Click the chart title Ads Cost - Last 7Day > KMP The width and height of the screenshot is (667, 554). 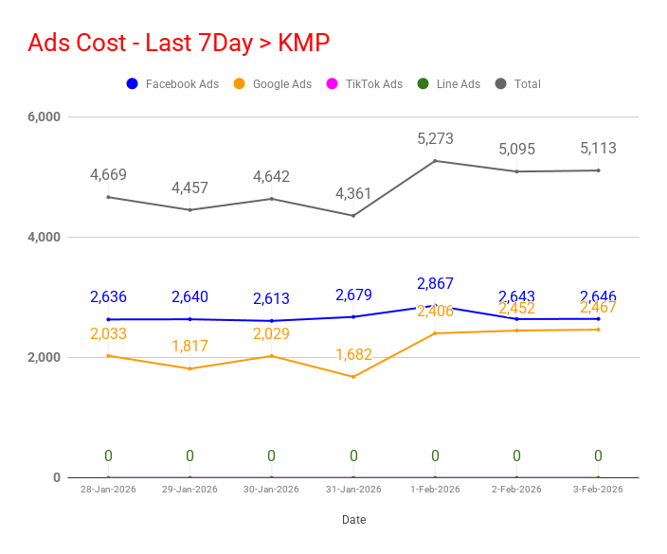pyautogui.click(x=179, y=43)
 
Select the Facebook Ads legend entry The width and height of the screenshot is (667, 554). pyautogui.click(x=172, y=84)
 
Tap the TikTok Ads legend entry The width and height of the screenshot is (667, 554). pyautogui.click(x=364, y=84)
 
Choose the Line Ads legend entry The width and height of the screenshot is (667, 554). pyautogui.click(x=448, y=84)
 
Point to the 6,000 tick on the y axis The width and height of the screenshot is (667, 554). pyautogui.click(x=44, y=116)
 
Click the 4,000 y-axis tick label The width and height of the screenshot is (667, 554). pyautogui.click(x=44, y=237)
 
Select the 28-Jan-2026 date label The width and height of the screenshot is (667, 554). pyautogui.click(x=108, y=490)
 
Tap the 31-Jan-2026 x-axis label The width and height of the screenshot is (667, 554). pyautogui.click(x=353, y=490)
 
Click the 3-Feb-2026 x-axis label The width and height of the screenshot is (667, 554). pyautogui.click(x=598, y=490)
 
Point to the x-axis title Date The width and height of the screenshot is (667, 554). pyautogui.click(x=353, y=520)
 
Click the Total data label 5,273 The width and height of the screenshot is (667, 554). pyautogui.click(x=435, y=139)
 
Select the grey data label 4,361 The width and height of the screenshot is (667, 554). pyautogui.click(x=353, y=194)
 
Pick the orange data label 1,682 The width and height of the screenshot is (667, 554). pyautogui.click(x=353, y=355)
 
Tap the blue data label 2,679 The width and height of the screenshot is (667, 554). pyautogui.click(x=353, y=295)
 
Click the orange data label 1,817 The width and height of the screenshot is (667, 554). pyautogui.click(x=189, y=347)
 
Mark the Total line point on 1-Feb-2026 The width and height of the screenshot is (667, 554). pyautogui.click(x=435, y=161)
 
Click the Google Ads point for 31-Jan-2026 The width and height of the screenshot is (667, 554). pyautogui.click(x=353, y=377)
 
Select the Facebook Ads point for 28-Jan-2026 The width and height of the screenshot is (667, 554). pyautogui.click(x=108, y=319)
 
